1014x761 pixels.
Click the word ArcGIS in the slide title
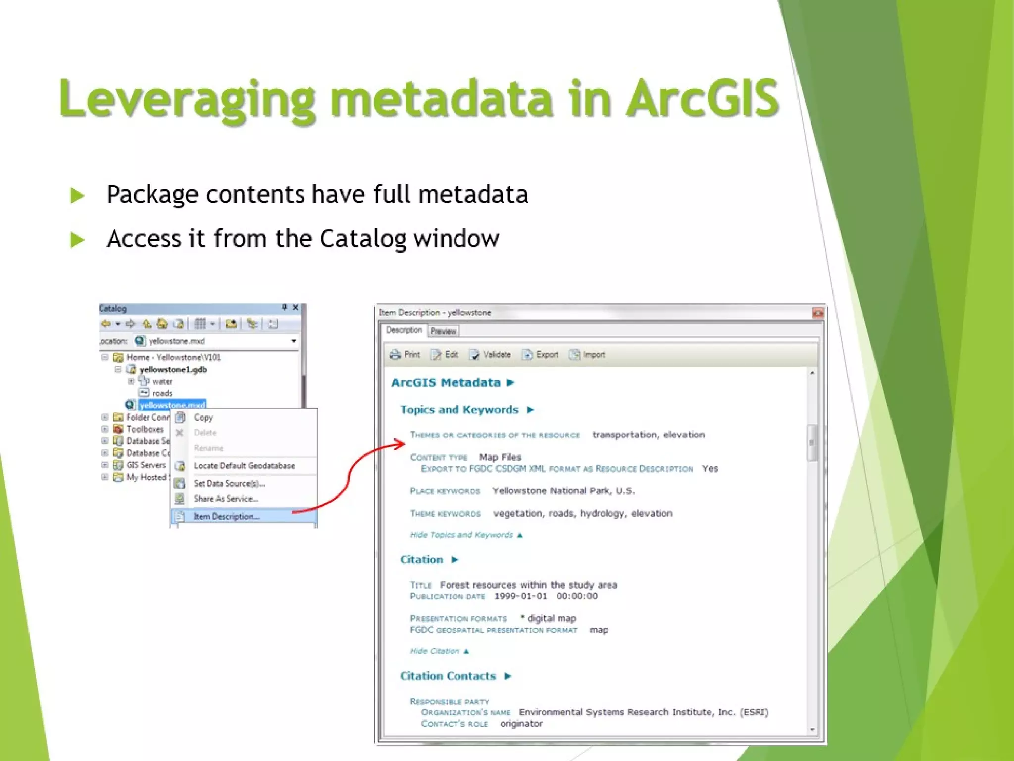click(x=703, y=99)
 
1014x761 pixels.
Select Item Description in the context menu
click(x=226, y=516)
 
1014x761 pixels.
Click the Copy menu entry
click(x=203, y=417)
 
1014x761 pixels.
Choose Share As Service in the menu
click(x=226, y=499)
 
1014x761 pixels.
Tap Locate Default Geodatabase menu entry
click(x=244, y=466)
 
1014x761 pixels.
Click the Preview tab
click(x=443, y=331)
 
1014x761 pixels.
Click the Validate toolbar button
click(x=491, y=355)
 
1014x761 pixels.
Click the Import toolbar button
click(x=588, y=355)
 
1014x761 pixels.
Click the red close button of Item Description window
click(x=817, y=313)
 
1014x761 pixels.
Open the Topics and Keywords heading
click(x=459, y=410)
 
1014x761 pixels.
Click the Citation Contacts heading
click(x=448, y=676)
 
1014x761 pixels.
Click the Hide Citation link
click(x=435, y=651)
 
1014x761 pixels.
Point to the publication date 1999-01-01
click(x=520, y=596)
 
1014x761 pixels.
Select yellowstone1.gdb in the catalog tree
click(x=173, y=369)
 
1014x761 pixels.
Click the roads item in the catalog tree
click(x=162, y=393)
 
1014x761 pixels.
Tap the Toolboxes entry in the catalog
click(x=145, y=429)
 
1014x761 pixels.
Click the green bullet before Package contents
click(x=77, y=195)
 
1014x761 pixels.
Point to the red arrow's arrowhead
click(x=401, y=443)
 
